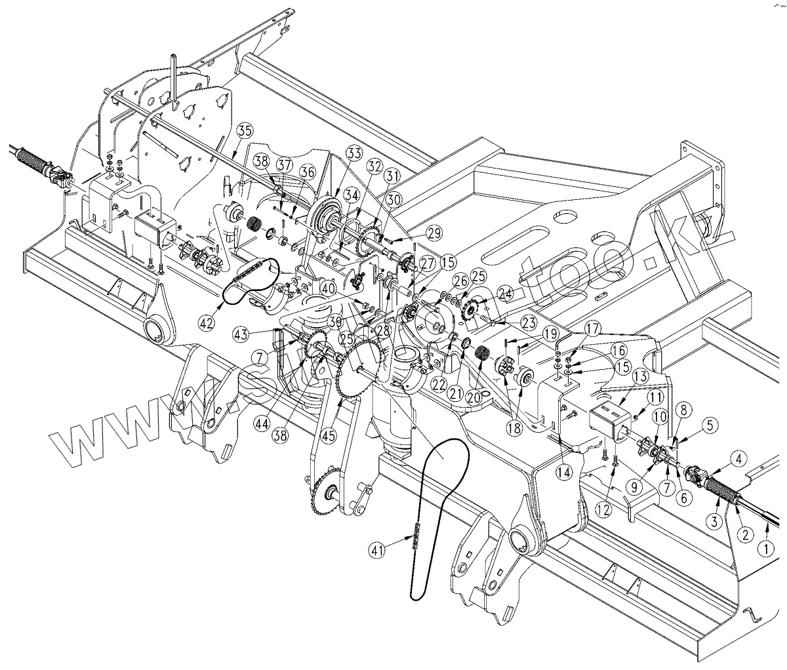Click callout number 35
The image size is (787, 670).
245,130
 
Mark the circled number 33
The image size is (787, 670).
354,155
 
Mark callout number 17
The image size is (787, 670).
593,326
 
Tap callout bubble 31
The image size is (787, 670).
392,176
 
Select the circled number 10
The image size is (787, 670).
658,416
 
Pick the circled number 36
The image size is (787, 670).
307,170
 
